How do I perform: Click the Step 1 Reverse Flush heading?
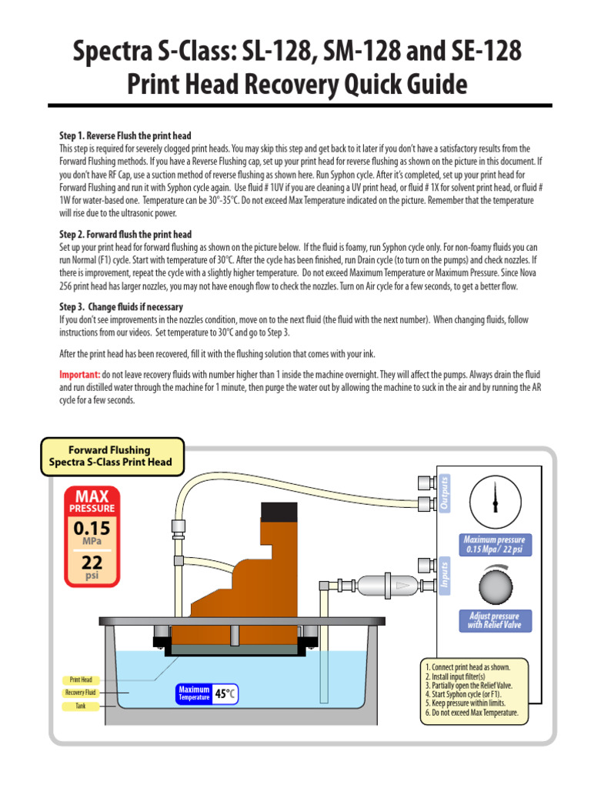(x=125, y=135)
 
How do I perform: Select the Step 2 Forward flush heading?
(x=125, y=235)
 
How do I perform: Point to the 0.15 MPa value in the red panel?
(x=92, y=529)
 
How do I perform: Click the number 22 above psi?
(x=92, y=563)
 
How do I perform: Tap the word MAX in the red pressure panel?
(x=92, y=496)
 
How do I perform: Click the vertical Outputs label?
(x=445, y=492)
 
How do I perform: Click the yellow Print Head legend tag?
(x=81, y=680)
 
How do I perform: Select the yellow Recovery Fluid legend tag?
(x=81, y=693)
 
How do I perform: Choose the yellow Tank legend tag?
(x=81, y=706)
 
